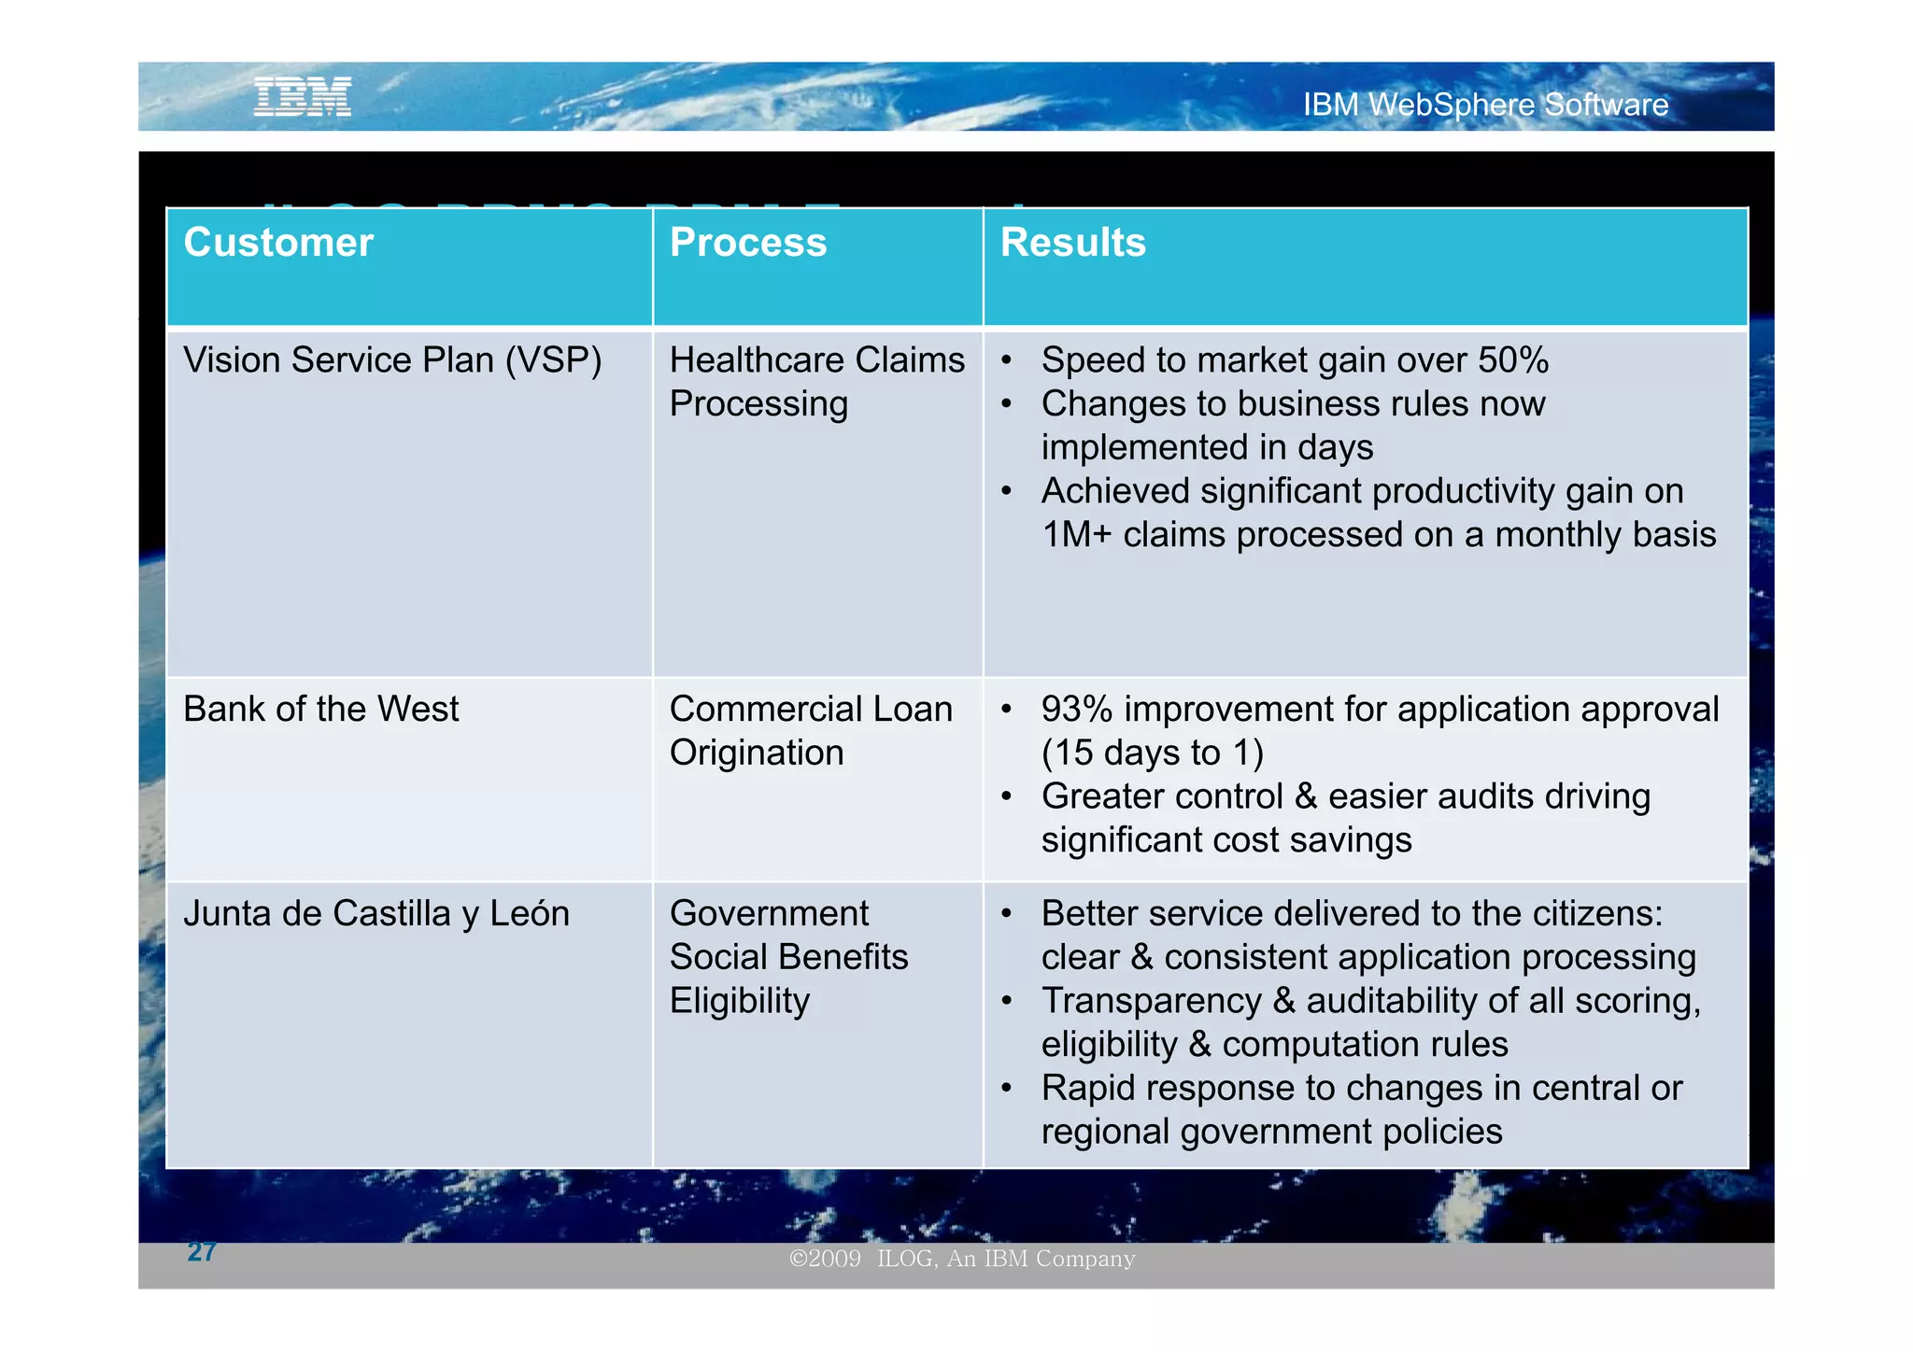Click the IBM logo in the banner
pos(302,97)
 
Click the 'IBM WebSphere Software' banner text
pos(1484,105)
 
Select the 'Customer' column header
pos(278,243)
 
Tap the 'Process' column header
pos(748,243)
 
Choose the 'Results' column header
pos(1072,243)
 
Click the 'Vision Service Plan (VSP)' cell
pos(392,360)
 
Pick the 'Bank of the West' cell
pos(321,710)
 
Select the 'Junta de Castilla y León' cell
pos(376,913)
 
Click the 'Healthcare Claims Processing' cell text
pos(816,382)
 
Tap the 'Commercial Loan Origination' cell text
pos(811,731)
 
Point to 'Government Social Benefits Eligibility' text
pos(788,957)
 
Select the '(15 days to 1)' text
pos(1152,753)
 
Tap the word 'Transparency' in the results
pos(1151,1001)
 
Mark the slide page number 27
pos(202,1252)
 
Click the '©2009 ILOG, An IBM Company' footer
pos(962,1259)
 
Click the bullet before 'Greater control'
pos(1006,797)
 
